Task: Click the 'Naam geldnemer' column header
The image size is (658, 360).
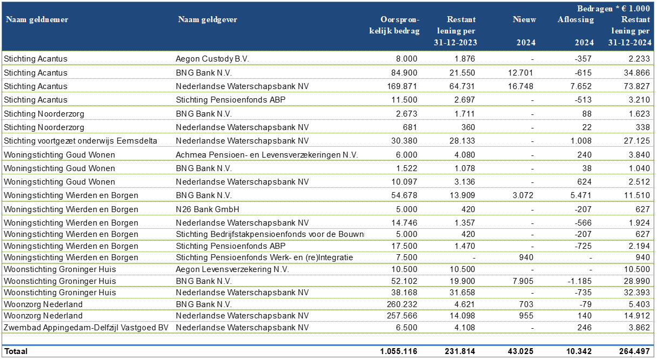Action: pos(37,20)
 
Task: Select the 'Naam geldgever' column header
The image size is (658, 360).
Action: pos(207,20)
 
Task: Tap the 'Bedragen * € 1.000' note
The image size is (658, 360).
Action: pos(613,9)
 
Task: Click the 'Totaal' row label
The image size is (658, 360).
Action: pos(16,351)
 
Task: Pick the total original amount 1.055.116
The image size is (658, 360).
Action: pos(398,351)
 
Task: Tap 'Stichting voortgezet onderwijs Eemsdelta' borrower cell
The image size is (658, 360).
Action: pos(80,141)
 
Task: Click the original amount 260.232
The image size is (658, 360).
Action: pos(403,304)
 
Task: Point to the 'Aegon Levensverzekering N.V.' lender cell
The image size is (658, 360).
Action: pos(232,269)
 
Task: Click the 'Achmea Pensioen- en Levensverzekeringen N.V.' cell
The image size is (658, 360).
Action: pos(267,155)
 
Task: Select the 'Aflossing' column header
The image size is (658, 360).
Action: pos(575,20)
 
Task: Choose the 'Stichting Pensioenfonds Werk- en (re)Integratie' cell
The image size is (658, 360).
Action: pos(264,257)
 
